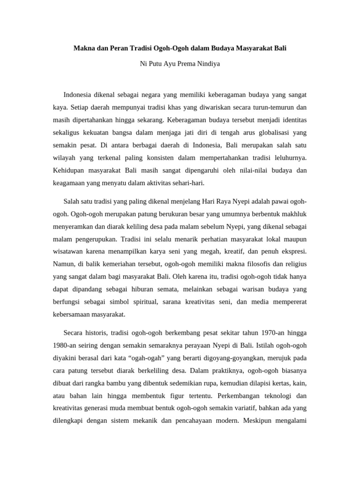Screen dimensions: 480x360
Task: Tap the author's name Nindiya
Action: (206, 64)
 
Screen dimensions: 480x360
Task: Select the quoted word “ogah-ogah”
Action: (150, 358)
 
